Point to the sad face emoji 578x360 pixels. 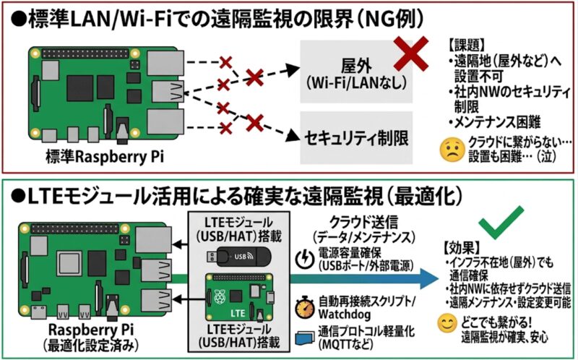coord(451,149)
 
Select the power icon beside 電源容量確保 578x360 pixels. coord(303,257)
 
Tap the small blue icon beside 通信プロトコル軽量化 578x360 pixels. coord(303,334)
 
